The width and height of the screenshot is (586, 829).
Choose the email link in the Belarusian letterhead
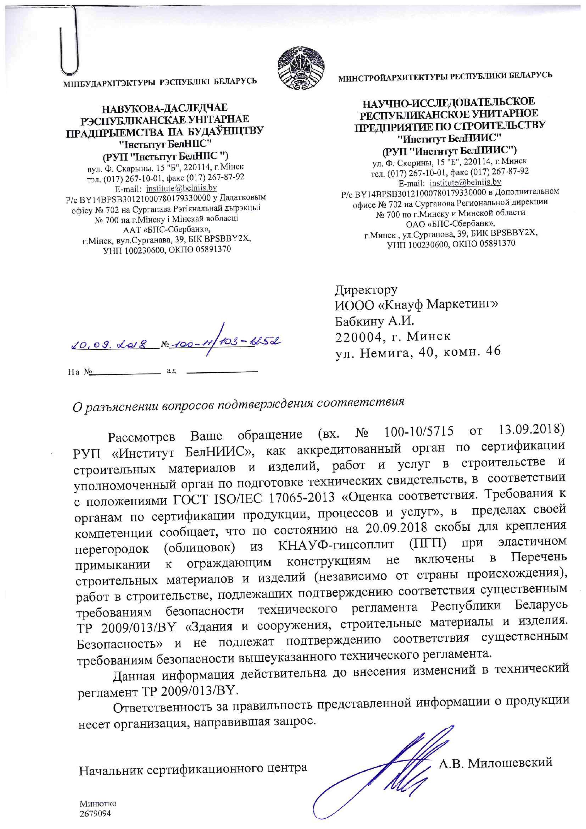181,188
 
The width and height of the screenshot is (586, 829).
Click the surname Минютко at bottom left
98,804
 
